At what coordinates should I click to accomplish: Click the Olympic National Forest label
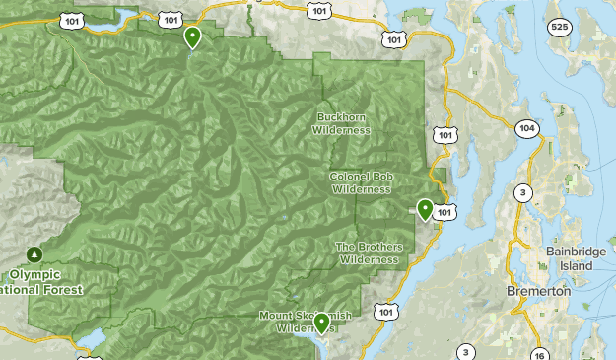pos(47,282)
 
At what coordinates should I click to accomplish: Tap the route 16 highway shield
pos(539,353)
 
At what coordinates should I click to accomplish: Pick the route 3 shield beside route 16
pos(465,351)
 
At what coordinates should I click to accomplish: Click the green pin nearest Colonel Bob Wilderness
pos(425,209)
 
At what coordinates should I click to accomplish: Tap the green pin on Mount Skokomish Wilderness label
pos(321,323)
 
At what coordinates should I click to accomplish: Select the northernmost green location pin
pos(192,37)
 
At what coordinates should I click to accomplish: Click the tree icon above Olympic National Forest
pos(35,254)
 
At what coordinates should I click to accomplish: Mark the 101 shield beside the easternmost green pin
pos(445,212)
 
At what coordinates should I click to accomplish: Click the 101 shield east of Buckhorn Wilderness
pos(445,134)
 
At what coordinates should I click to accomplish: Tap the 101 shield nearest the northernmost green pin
pos(171,19)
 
